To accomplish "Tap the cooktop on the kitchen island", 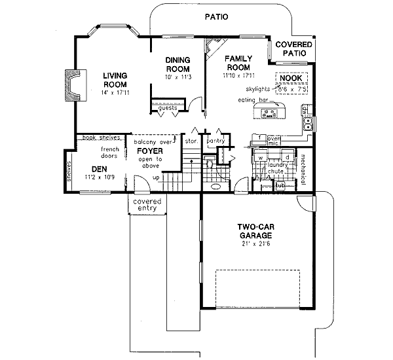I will click(x=269, y=114).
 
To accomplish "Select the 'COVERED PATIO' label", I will click(x=293, y=48).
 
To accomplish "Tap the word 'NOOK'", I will click(x=290, y=78).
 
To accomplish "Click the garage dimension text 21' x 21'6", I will click(x=255, y=244).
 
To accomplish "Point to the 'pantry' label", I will click(x=215, y=141).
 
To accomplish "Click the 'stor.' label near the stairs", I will click(x=191, y=141).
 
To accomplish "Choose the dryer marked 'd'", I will click(x=287, y=158).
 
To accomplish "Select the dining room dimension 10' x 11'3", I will click(x=178, y=77).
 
